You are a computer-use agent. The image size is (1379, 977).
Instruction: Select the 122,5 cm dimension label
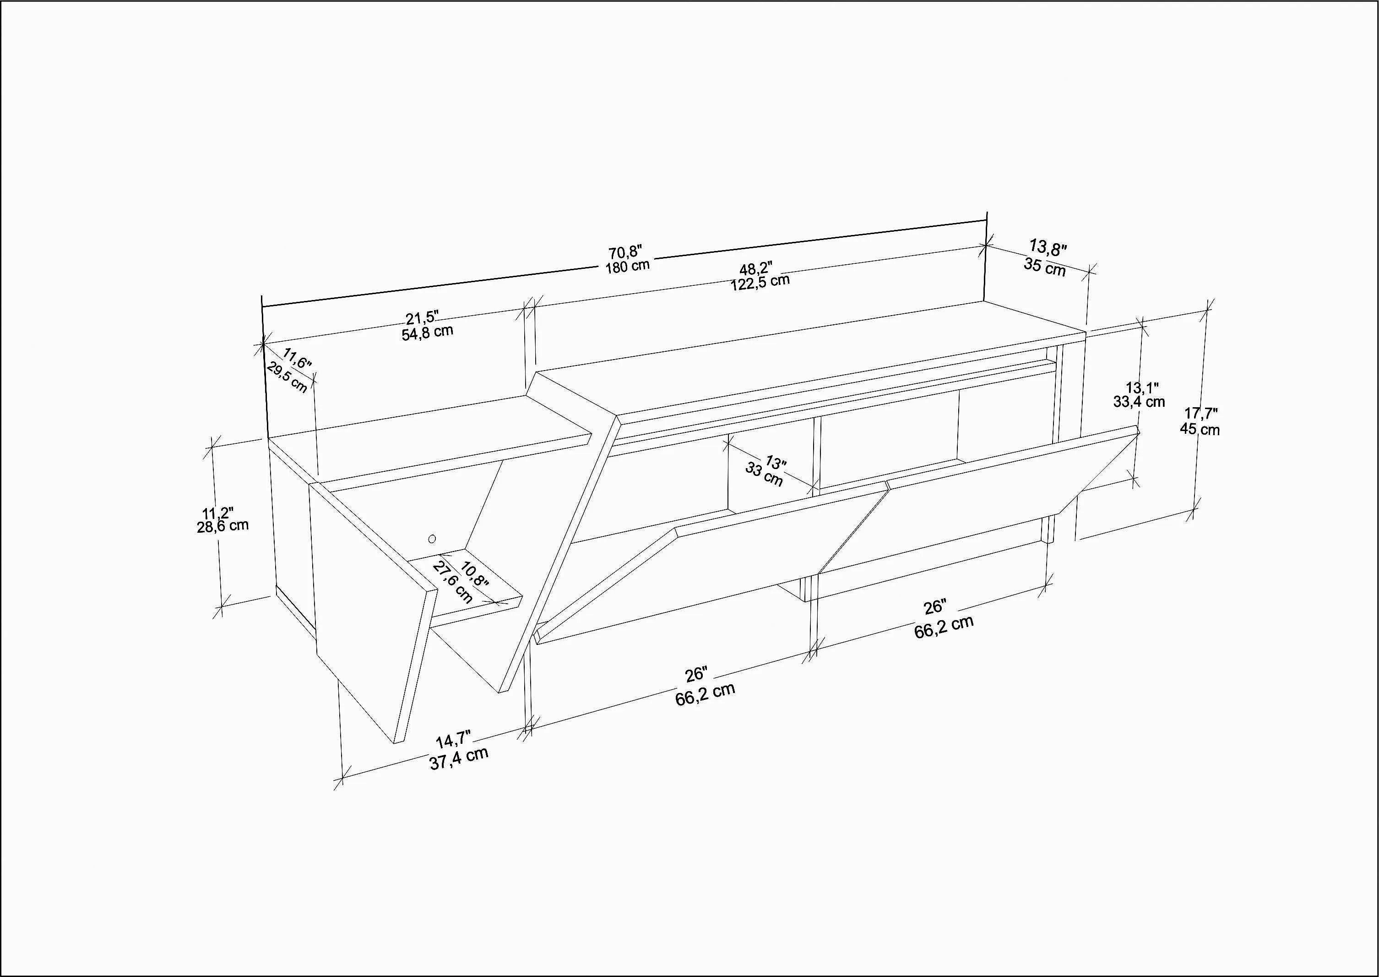760,281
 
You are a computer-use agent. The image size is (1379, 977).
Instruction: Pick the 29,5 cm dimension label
287,378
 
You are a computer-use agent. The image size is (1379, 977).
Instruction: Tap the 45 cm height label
1200,428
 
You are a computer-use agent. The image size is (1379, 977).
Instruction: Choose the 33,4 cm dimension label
1139,401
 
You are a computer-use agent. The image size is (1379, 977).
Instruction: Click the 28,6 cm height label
223,525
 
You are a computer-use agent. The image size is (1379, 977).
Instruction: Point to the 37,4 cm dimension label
458,759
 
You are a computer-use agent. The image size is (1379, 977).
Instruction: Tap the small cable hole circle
432,539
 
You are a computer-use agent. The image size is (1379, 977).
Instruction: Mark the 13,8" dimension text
1048,247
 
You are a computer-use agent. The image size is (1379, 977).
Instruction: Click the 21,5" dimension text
422,317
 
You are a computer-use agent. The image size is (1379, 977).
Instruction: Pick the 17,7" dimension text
1201,413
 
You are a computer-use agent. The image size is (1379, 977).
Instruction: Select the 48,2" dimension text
756,267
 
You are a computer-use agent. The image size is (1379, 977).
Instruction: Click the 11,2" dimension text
217,513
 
